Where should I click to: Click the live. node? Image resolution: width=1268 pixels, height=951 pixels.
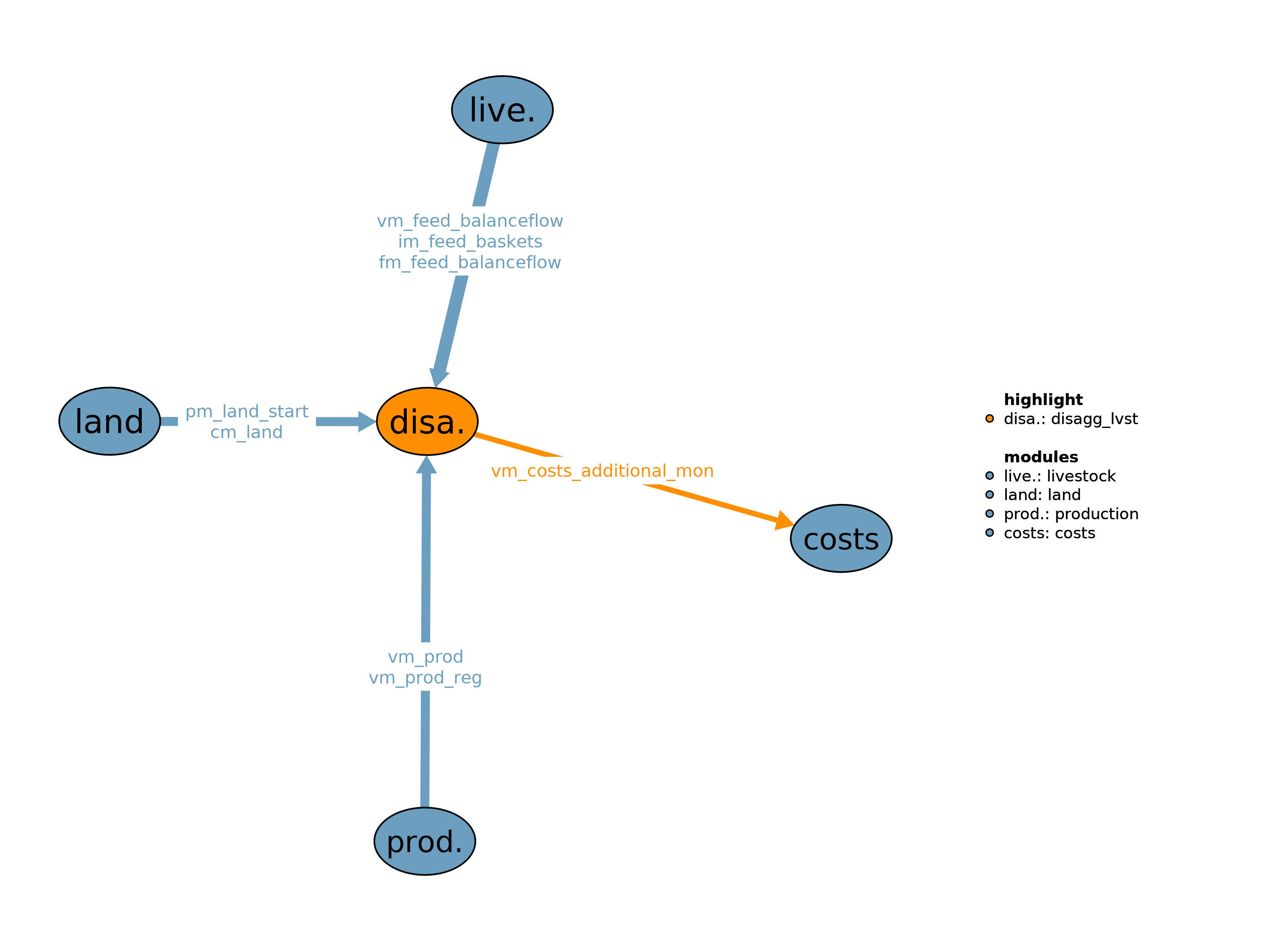point(502,110)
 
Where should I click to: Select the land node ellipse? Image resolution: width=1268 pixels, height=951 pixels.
point(110,421)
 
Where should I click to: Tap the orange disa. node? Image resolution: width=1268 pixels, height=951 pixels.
point(427,421)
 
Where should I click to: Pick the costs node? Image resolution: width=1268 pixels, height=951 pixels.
point(841,539)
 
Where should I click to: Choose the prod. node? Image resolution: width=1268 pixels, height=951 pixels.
point(425,841)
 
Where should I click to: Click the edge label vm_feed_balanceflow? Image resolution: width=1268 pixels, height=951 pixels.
point(470,221)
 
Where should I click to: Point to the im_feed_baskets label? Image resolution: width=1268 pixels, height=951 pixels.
point(470,241)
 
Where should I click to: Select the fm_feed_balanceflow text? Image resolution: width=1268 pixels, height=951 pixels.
point(470,262)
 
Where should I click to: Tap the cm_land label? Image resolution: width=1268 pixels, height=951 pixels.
point(246,432)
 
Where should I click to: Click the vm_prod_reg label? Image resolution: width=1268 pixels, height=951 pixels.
point(425,678)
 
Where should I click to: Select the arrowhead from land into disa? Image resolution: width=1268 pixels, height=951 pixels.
point(366,421)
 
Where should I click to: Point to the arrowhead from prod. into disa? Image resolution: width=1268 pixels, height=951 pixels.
point(426,465)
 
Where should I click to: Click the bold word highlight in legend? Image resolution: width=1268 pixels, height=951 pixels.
point(1043,400)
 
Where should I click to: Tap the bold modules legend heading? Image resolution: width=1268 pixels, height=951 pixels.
point(1041,457)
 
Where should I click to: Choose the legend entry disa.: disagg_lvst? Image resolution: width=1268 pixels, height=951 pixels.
point(1070,419)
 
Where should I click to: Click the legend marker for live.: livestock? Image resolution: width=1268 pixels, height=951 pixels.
point(989,475)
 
